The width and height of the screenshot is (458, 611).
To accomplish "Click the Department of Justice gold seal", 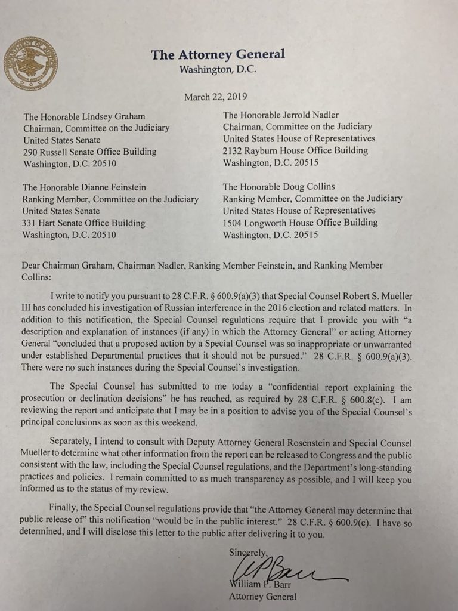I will pos(30,63).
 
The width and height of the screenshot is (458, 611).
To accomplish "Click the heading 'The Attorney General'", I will pos(218,55).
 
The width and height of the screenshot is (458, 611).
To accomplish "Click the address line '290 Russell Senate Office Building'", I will pos(89,152).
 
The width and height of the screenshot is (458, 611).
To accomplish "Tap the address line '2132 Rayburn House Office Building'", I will pos(295,150).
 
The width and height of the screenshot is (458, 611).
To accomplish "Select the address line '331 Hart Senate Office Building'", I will pos(83,223).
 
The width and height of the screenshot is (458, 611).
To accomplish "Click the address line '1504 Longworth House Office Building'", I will pos(300,223).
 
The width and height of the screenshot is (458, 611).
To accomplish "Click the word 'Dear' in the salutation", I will pos(33,266).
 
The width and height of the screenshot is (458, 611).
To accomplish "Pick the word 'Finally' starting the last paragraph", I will pos(67,511).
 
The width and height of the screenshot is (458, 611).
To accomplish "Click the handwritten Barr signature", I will pos(280,567).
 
